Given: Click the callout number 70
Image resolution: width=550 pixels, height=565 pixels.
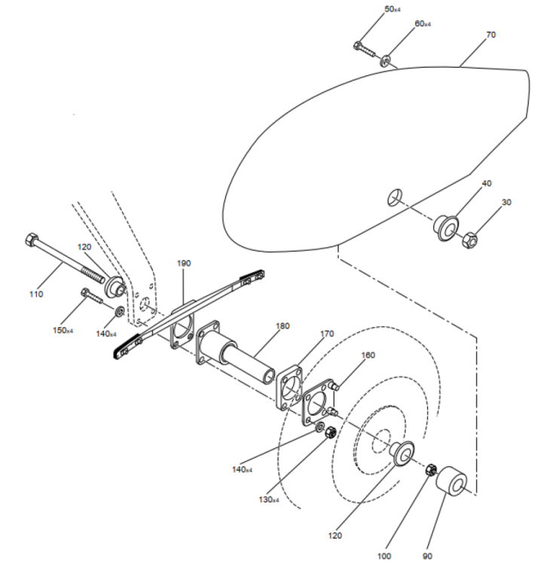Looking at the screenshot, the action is click(x=491, y=35).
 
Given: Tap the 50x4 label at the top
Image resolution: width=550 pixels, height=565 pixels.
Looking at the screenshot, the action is click(x=393, y=9).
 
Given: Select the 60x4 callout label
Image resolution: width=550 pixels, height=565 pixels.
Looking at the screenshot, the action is click(x=423, y=24).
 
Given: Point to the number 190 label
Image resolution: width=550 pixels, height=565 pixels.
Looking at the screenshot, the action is click(x=183, y=264).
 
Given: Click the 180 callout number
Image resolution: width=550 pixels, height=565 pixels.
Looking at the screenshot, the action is click(x=283, y=326).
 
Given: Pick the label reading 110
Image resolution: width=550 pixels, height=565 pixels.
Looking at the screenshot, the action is click(x=36, y=295).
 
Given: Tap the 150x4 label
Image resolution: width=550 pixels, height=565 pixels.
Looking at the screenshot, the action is click(x=63, y=330).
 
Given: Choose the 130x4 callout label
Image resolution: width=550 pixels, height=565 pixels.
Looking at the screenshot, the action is click(x=269, y=499).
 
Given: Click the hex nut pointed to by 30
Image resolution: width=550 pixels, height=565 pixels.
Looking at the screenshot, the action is click(x=469, y=241).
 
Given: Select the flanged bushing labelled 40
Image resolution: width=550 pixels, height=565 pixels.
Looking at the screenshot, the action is click(x=446, y=228).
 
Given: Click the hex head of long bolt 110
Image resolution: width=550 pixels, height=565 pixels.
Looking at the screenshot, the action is click(x=32, y=239).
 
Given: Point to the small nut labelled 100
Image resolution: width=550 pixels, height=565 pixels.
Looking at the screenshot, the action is click(x=431, y=470).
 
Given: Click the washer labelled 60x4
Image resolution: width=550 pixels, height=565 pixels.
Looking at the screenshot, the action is click(x=386, y=60).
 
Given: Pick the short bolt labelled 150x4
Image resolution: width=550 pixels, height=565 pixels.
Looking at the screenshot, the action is click(x=92, y=295).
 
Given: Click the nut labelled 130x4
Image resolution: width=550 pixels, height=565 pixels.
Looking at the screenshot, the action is click(x=331, y=432).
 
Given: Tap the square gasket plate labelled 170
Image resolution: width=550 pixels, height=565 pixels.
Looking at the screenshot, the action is click(x=289, y=388).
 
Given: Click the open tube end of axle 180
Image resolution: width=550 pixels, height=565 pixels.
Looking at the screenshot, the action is click(x=269, y=376).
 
